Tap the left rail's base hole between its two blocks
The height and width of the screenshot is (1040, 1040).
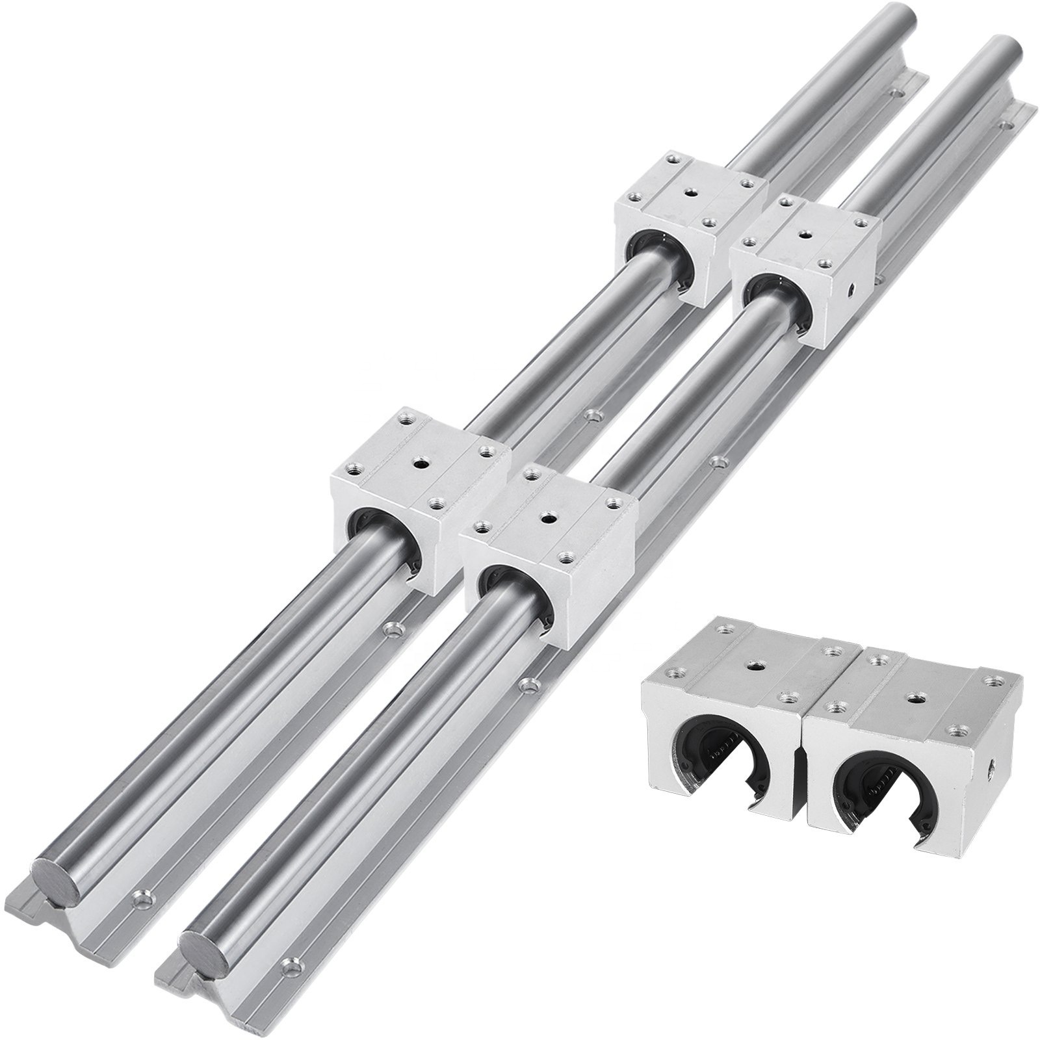click(x=591, y=413)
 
